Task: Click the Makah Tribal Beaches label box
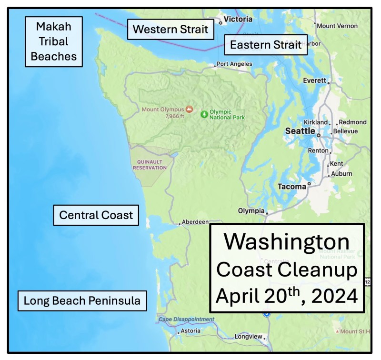54,41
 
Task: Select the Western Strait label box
170,30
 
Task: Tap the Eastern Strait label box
266,45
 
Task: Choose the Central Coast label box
96,215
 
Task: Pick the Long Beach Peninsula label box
82,301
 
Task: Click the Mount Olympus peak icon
190,110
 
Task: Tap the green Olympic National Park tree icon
204,114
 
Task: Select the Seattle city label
300,131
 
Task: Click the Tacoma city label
292,187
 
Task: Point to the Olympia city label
251,210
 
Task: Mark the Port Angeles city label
234,64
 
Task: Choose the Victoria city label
238,19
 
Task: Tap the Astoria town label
190,331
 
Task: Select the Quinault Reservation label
150,165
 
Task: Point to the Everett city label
314,80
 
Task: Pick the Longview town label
248,337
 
